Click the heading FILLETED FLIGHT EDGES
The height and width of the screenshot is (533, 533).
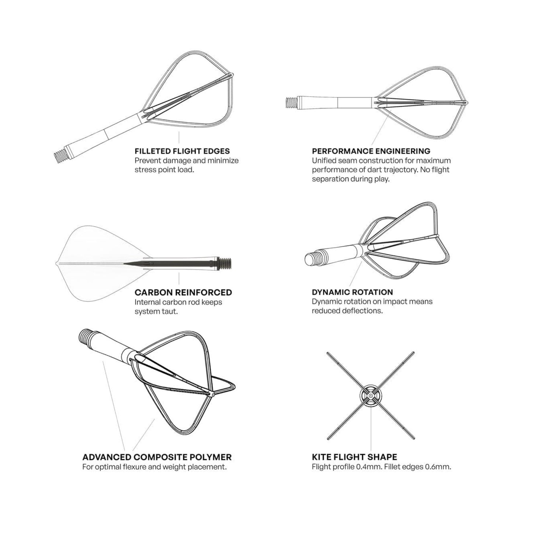[x=182, y=151]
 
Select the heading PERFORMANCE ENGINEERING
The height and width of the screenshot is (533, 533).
[x=371, y=151]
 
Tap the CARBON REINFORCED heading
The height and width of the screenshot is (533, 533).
[x=183, y=293]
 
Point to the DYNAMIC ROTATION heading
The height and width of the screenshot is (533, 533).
[x=352, y=293]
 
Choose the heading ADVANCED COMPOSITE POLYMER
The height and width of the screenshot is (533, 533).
[x=157, y=457]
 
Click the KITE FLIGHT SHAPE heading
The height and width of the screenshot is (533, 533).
[x=354, y=457]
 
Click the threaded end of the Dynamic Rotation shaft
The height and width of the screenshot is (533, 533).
[x=313, y=258]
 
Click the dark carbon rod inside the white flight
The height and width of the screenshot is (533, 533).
[x=166, y=263]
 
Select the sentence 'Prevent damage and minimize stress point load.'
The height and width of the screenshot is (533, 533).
[x=186, y=165]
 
